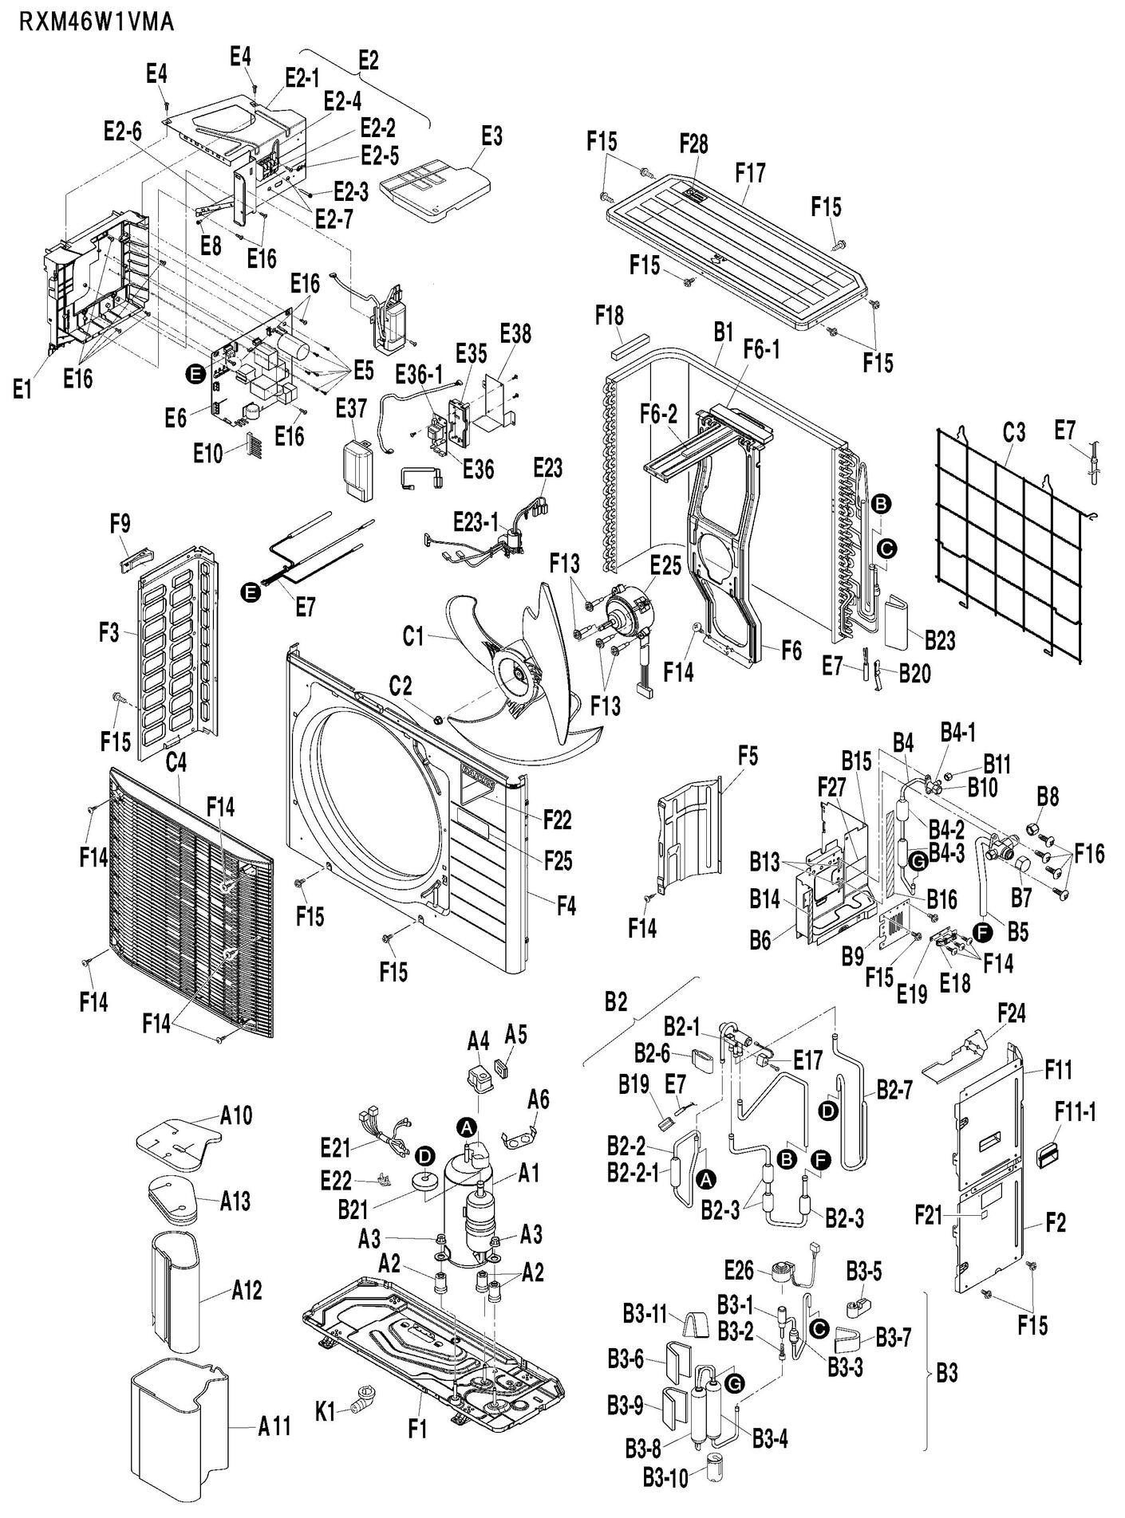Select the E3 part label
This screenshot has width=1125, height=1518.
[491, 136]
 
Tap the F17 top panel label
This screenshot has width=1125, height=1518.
[750, 171]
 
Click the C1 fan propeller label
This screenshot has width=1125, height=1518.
[412, 636]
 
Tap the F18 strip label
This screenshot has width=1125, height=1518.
[610, 315]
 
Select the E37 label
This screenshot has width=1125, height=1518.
[351, 408]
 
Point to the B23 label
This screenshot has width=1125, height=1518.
[940, 639]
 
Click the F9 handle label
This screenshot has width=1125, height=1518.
[120, 523]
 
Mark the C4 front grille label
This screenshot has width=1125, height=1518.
[176, 763]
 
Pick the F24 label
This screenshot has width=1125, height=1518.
[1012, 1013]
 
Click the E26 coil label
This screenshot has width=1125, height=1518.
[740, 1267]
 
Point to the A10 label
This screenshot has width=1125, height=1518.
[236, 1115]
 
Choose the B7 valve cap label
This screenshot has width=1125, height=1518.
[1022, 899]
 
